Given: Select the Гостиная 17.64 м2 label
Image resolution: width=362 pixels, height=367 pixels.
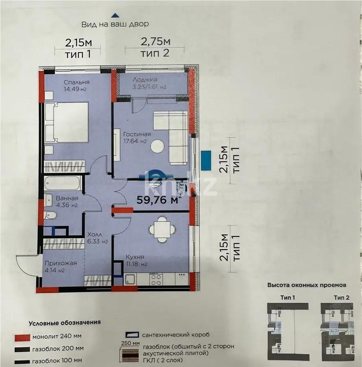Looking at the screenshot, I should pos(137,138).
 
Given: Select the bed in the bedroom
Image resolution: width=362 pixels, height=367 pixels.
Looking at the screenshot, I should pos(67,122).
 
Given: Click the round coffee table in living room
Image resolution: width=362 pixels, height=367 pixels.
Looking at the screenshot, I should pos(157,146).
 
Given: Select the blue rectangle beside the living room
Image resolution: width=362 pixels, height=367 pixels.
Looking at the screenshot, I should pos(206,161).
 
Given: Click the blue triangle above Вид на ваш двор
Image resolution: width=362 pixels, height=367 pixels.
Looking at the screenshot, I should pos(115,15).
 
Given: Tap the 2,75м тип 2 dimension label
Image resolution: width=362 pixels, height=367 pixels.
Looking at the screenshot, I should pos(155,47).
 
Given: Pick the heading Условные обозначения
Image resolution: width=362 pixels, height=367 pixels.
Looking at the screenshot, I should pos(64,323).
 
